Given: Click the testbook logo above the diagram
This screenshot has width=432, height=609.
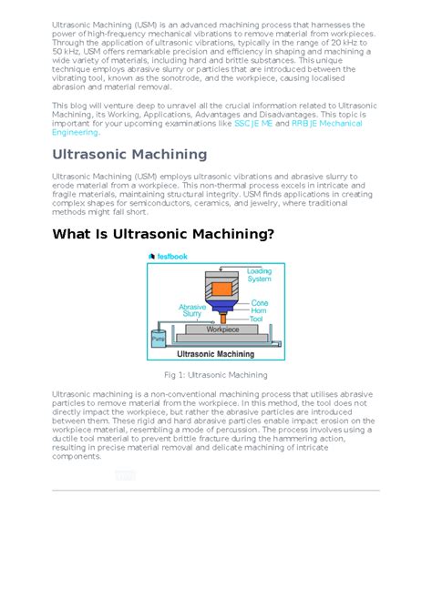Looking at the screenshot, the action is (168, 257).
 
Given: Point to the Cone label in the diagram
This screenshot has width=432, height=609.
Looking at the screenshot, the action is (259, 302).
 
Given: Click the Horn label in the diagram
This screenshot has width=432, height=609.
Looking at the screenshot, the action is (259, 310).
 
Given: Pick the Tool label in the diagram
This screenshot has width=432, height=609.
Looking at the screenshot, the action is (257, 319).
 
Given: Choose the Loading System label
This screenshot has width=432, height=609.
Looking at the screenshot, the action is (259, 276).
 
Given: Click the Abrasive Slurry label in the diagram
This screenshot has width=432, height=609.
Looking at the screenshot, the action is (191, 310).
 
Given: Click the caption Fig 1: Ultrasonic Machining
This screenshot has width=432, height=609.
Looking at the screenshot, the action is (216, 375).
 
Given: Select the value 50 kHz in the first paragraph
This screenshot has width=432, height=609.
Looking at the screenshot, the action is (65, 53).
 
